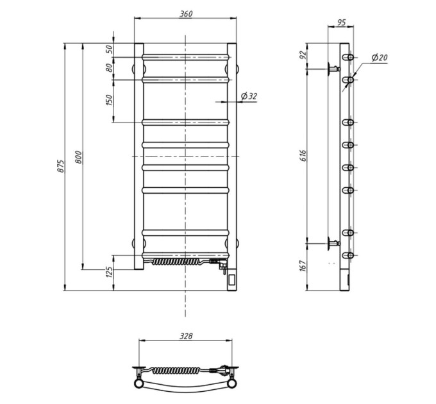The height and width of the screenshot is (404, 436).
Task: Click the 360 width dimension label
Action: (186, 14)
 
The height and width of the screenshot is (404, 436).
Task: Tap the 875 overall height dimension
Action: (61, 166)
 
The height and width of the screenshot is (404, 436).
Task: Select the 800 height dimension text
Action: (79, 157)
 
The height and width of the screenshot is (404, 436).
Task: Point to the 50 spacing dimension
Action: (110, 49)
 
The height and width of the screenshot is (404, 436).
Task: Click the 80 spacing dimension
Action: (110, 67)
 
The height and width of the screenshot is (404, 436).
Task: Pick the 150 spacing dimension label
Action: (110, 100)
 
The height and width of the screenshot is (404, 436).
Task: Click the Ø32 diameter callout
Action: (249, 96)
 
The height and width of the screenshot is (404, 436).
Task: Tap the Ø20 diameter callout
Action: (380, 58)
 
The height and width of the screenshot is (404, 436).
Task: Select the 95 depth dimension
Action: (341, 22)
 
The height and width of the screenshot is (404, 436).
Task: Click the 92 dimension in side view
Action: (303, 55)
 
